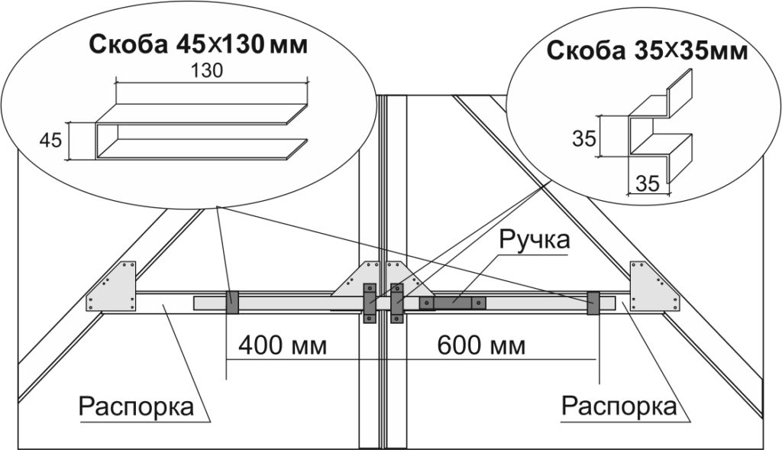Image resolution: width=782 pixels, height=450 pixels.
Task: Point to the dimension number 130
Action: (x=205, y=71)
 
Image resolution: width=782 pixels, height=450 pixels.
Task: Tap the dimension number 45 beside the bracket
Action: (x=50, y=140)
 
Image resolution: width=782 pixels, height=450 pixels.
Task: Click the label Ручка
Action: (x=535, y=240)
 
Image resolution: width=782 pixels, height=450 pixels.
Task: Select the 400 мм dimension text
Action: (x=283, y=345)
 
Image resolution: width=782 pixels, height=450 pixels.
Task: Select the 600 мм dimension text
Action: (x=481, y=345)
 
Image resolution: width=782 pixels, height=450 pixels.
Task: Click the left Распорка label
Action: (x=136, y=406)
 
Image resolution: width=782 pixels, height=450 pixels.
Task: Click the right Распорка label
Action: (x=619, y=406)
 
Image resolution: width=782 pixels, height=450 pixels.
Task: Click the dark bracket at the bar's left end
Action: (x=232, y=303)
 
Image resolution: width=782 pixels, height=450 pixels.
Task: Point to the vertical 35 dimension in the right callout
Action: (x=583, y=139)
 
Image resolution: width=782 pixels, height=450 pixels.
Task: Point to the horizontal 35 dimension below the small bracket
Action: (x=648, y=184)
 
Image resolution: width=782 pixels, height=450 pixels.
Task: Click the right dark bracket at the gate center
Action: (x=396, y=303)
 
